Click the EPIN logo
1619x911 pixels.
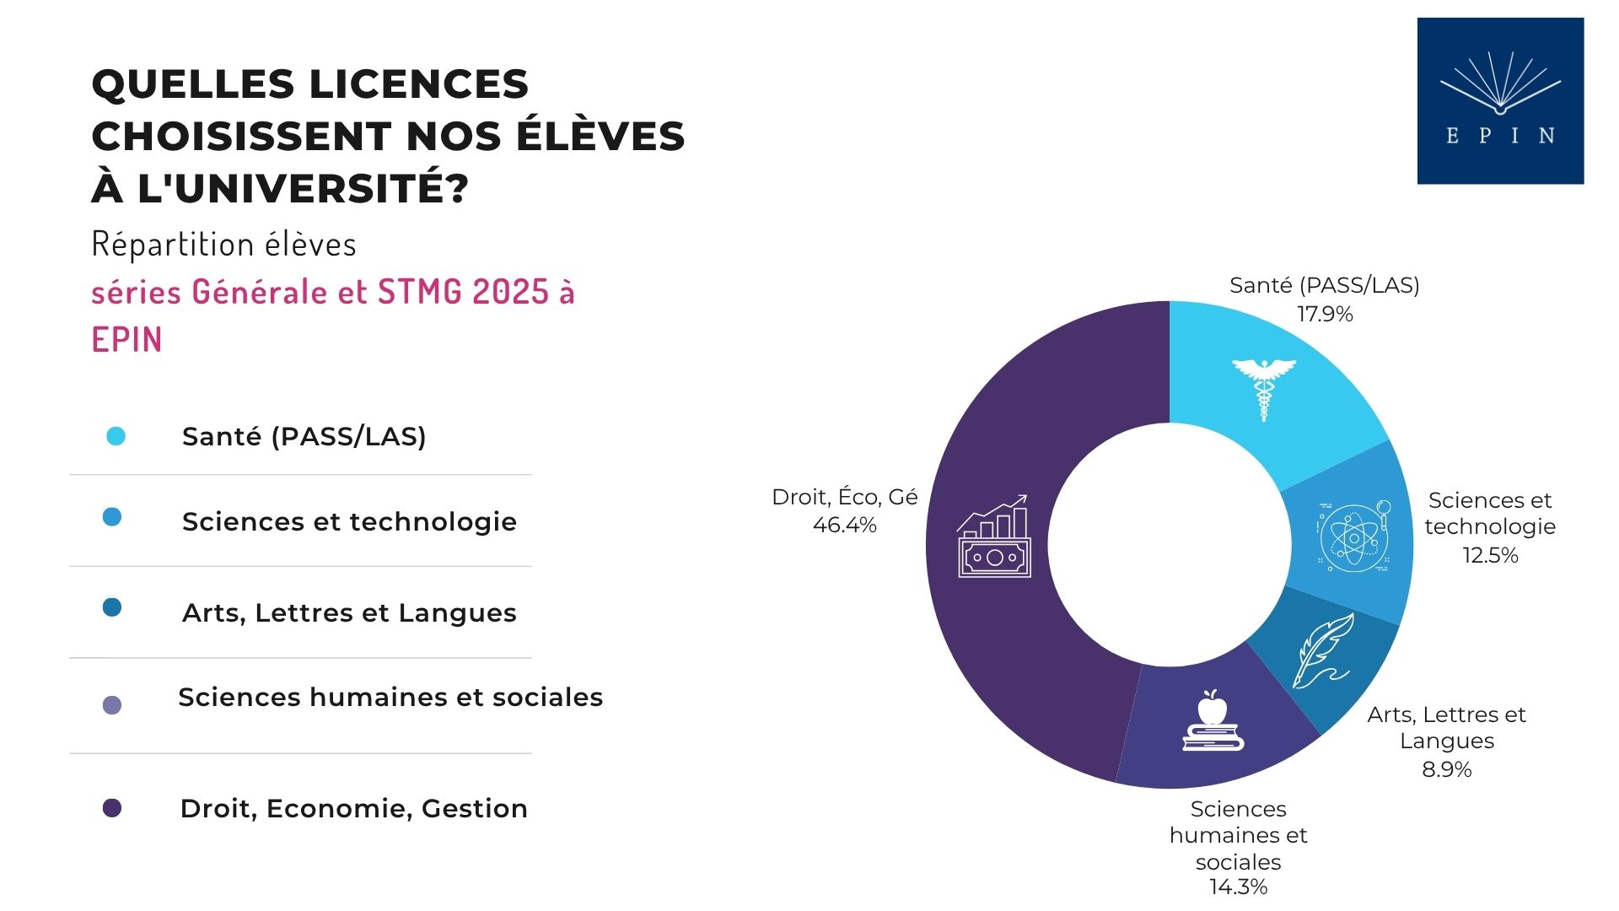1500,100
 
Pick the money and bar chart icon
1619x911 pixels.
994,536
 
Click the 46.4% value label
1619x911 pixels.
844,526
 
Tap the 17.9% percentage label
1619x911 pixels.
1325,315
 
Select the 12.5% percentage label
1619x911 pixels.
1490,555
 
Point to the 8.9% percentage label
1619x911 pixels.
1446,769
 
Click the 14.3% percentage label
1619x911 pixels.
1238,887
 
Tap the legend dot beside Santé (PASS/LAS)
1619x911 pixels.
116,436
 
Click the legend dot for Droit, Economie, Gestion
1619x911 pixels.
112,808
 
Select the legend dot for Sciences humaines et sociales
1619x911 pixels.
112,705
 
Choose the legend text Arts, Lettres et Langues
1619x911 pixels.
349,612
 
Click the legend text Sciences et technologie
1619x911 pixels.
349,521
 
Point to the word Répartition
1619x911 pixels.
172,245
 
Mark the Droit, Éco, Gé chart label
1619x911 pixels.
844,497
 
